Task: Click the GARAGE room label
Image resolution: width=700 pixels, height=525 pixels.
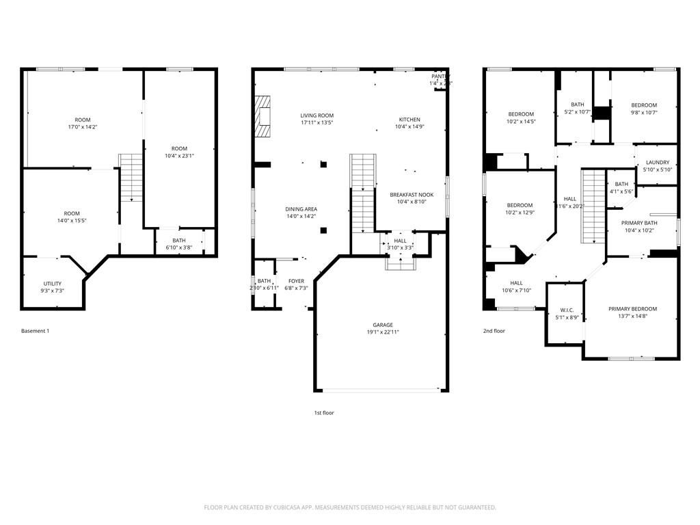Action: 382,325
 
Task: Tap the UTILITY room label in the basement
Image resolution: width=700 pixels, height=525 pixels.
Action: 53,283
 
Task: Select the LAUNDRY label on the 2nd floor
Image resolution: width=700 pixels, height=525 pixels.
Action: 658,162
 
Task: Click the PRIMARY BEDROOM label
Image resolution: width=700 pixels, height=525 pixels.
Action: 632,309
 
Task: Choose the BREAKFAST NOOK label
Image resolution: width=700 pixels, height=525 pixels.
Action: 412,194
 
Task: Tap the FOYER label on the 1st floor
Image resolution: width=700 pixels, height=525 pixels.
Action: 296,281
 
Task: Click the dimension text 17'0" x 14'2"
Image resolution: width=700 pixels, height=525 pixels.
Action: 83,127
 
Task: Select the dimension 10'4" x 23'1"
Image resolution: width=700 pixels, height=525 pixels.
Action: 179,156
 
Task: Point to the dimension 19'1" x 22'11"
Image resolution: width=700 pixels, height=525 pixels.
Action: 382,332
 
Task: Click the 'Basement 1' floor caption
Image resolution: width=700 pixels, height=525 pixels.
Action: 36,331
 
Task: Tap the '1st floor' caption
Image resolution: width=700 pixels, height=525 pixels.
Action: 324,413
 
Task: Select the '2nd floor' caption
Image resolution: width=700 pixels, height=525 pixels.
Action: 494,331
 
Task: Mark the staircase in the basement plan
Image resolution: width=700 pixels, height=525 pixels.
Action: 131,177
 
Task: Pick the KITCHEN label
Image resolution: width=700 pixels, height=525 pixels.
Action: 409,120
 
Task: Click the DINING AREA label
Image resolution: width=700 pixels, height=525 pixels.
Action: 301,209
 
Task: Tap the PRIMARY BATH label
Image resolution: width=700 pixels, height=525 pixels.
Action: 639,223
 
